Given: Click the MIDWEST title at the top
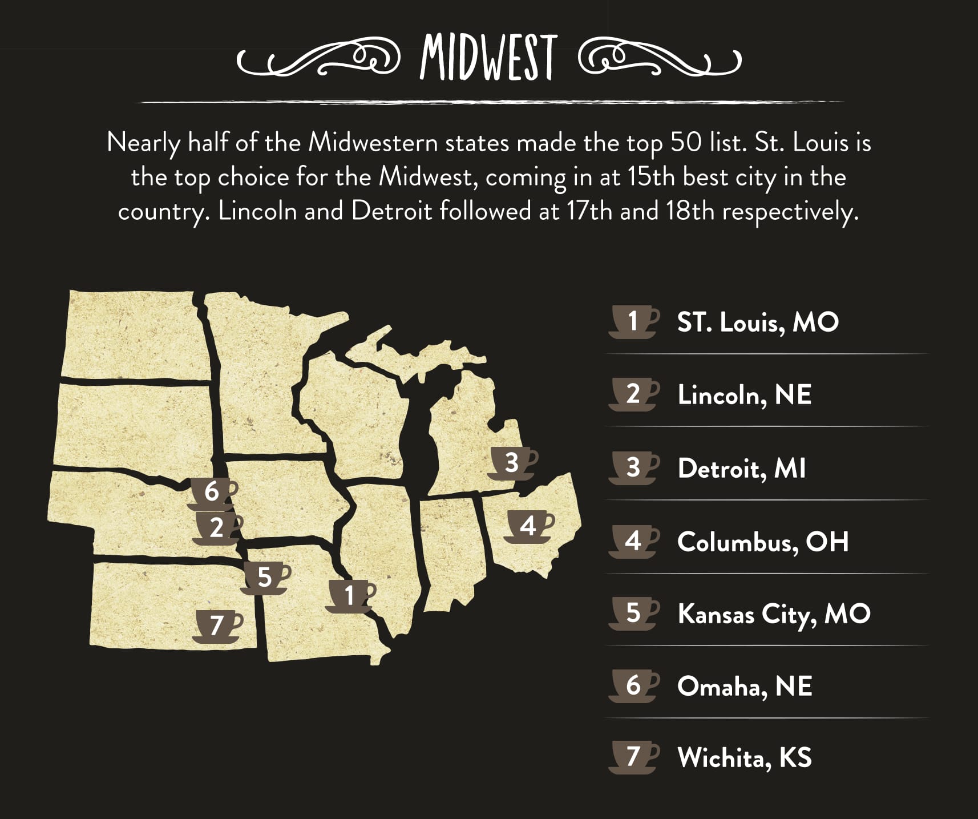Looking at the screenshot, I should pos(488,58).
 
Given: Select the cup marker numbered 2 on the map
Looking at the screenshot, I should pos(217,528).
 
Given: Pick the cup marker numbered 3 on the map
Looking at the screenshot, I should pos(512,463).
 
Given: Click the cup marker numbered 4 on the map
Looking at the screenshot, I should pos(528,526).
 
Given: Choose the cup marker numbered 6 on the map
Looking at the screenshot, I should pos(212,491).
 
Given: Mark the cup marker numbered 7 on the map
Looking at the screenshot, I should pos(217,626).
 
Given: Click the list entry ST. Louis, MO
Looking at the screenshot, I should pos(758,322).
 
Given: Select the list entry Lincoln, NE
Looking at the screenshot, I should pos(744,395).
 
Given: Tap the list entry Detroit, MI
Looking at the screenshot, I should pos(741,469).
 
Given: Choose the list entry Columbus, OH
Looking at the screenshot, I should pos(763,542).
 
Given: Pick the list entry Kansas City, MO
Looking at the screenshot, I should pos(774,614).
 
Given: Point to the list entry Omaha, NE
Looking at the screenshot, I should pos(744,687).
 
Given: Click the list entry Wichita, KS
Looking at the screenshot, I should pos(744,758).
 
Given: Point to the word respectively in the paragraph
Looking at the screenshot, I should pos(790,212).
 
